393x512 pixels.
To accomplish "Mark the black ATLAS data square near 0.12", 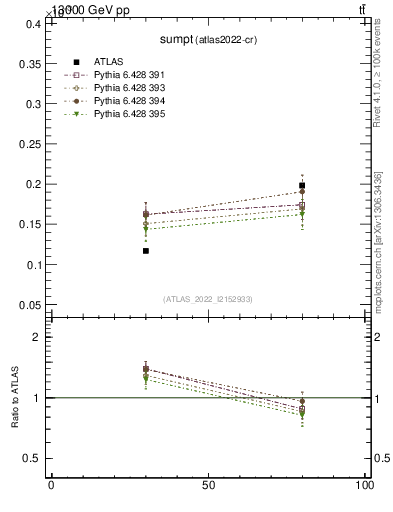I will coord(145,251).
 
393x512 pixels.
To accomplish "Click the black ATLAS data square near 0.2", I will coord(302,185).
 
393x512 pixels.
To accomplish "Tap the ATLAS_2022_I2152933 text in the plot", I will coord(207,298).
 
